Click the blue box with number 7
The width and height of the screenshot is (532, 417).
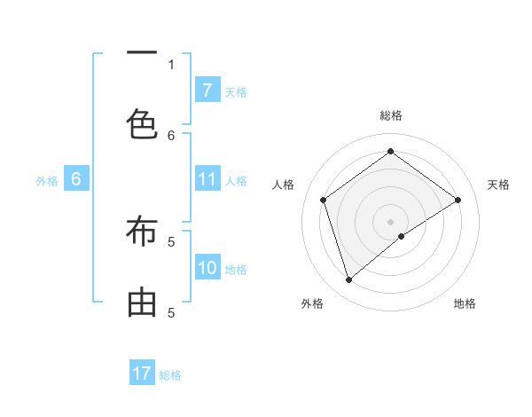[207, 90]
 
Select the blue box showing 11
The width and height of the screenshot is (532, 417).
[207, 179]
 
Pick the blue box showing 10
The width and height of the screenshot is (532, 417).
[207, 268]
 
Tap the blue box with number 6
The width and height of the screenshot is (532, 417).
[76, 179]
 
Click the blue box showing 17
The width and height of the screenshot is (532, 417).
[142, 374]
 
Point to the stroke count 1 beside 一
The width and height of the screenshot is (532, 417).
[171, 64]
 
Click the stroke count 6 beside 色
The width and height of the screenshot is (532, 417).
[171, 135]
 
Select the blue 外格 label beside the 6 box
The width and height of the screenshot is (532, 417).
[47, 180]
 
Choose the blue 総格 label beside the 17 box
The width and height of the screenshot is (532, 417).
[170, 374]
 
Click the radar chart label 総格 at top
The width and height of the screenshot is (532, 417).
[390, 115]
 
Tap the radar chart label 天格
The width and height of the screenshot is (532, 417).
[498, 185]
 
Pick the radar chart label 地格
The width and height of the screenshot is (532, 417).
[465, 303]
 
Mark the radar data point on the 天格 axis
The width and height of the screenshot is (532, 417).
[458, 200]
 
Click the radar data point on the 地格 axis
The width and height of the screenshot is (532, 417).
[402, 236]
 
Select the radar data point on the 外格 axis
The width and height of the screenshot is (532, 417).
[348, 280]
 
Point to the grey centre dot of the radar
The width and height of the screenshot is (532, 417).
[390, 221]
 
